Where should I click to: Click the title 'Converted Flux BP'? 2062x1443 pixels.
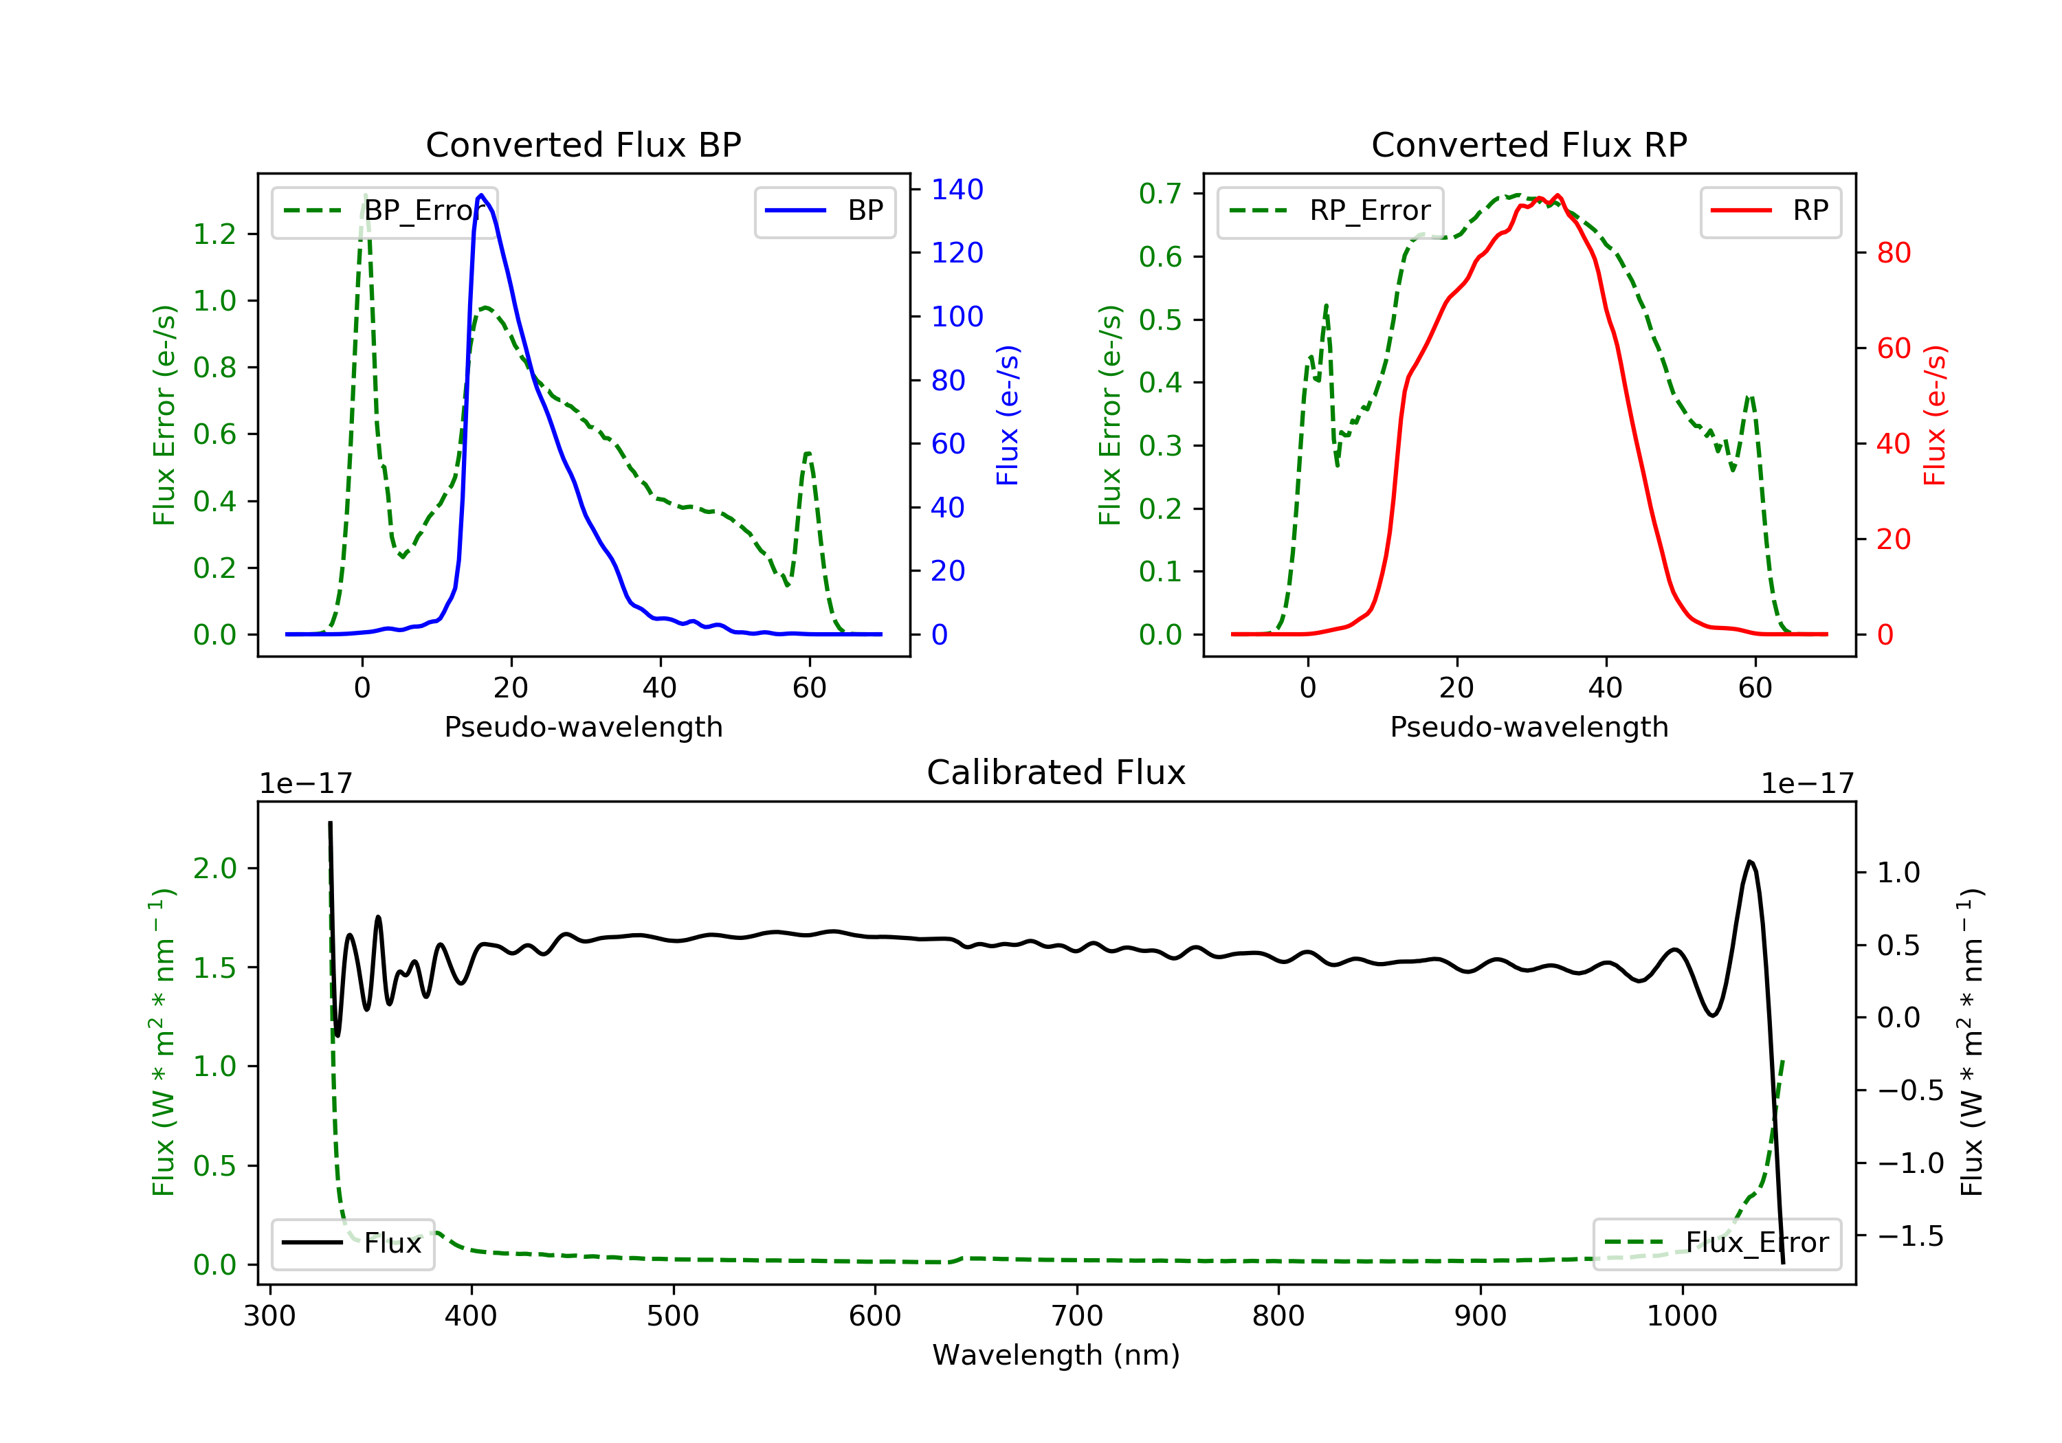click(x=583, y=144)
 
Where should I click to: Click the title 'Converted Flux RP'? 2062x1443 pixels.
click(x=1529, y=144)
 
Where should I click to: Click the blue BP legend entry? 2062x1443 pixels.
click(x=824, y=211)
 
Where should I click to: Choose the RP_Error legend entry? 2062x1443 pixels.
click(x=1330, y=211)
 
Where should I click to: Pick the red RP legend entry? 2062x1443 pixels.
click(x=1770, y=211)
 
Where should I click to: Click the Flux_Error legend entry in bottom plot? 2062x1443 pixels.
click(x=1716, y=1243)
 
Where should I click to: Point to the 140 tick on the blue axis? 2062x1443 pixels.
click(x=957, y=190)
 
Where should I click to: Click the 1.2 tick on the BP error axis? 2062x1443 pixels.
click(x=214, y=234)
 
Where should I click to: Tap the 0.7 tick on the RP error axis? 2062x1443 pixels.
click(x=1160, y=193)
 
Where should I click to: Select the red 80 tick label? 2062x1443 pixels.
click(x=1893, y=254)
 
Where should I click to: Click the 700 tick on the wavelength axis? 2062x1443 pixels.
click(x=1077, y=1317)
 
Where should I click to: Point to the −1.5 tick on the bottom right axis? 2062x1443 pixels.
click(x=1910, y=1236)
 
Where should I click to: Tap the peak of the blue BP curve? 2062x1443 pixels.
click(x=481, y=195)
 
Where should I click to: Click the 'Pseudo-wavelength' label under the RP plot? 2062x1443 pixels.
click(x=1529, y=727)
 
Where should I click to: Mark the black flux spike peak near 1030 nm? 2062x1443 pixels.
click(x=1749, y=862)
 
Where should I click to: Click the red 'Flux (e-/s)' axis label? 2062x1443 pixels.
click(x=1934, y=415)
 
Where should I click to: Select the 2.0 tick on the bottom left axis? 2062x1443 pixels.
click(x=214, y=869)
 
